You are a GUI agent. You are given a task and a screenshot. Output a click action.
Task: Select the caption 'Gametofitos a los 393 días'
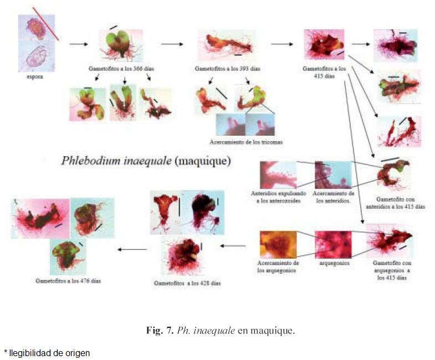[228, 69]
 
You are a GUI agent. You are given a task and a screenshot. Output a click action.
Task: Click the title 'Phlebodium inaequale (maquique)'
[145, 162]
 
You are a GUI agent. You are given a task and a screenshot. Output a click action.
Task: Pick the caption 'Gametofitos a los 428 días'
[187, 282]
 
